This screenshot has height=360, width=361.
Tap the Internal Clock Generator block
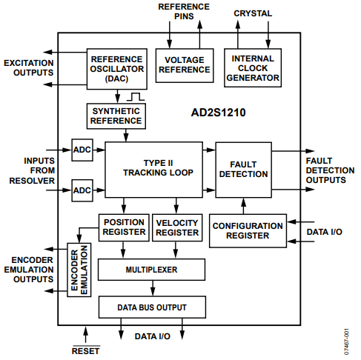click(253, 66)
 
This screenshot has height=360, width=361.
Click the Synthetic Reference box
click(115, 115)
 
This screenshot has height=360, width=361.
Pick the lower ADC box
click(82, 191)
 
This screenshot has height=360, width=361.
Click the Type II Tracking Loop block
click(153, 168)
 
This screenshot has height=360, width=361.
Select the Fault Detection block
click(242, 170)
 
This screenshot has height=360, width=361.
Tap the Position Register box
click(124, 227)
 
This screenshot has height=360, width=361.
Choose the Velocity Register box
click(177, 227)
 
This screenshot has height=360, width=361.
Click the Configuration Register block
click(247, 231)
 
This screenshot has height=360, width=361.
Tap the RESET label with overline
click(85, 350)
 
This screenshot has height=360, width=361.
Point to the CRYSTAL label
click(253, 13)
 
